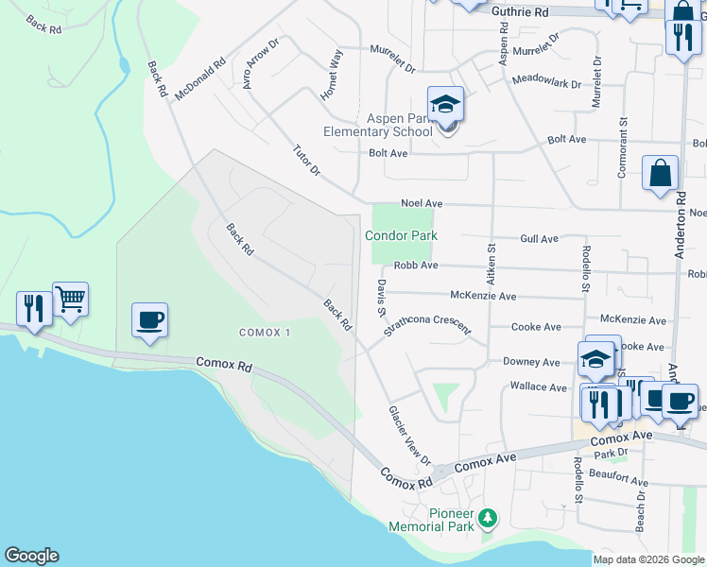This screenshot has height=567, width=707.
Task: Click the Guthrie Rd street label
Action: coord(521,12)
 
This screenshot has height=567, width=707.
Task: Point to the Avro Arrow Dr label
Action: coord(261,63)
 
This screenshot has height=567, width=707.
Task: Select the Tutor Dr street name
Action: coord(306,161)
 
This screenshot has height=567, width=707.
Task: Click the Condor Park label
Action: coord(402,235)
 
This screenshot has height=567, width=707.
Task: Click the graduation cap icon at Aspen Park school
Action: coord(445,104)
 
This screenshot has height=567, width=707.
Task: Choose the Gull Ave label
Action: coord(539,239)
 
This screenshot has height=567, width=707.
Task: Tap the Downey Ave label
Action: coord(531,362)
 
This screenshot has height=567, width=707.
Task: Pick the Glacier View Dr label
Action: coord(409,436)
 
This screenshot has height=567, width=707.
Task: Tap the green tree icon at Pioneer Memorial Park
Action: coord(487,518)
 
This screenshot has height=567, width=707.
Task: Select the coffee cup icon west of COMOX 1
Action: coord(149,320)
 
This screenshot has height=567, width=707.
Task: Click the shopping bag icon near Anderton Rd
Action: coord(660,174)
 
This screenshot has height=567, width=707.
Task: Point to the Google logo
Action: coord(31,556)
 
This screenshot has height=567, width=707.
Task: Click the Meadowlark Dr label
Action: coord(546,82)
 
